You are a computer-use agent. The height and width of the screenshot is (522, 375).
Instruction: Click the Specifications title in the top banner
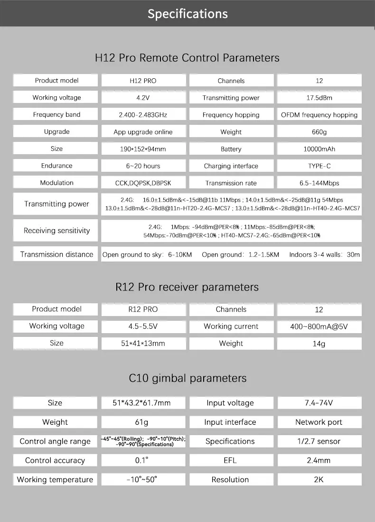click(x=187, y=14)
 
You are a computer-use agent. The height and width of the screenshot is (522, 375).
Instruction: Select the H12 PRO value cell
click(x=143, y=81)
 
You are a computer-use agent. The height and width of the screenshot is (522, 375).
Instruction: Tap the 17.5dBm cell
click(x=319, y=98)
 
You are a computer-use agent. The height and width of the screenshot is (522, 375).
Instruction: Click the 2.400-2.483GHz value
click(x=143, y=115)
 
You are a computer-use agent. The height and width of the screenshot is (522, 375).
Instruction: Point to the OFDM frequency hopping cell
click(x=319, y=115)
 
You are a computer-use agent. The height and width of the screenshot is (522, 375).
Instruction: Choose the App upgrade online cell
click(x=143, y=132)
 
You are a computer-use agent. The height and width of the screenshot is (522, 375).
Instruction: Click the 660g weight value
click(x=319, y=132)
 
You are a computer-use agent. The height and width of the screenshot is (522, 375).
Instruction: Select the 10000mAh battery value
click(x=319, y=149)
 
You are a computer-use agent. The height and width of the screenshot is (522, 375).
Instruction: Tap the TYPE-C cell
click(x=319, y=166)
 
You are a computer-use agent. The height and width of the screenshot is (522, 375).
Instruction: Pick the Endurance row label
click(x=56, y=166)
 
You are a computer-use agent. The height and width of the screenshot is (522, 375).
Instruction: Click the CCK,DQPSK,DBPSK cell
click(x=143, y=183)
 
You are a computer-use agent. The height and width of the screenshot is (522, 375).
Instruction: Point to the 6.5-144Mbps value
click(x=319, y=183)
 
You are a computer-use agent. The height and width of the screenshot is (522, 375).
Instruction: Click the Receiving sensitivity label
click(x=56, y=231)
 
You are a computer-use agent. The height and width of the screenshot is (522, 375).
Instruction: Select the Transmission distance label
click(x=56, y=254)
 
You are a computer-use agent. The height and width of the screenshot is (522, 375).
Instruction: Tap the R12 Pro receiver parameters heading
click(x=187, y=287)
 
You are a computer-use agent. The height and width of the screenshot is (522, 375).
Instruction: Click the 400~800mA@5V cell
click(x=319, y=326)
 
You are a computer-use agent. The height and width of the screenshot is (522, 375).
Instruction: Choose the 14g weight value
click(x=319, y=344)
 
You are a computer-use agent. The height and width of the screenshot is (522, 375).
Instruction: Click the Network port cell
click(x=319, y=422)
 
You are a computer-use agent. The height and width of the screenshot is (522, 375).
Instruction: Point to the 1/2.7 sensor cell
click(x=319, y=441)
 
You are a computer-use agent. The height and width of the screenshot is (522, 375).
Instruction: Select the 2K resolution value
click(x=319, y=479)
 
